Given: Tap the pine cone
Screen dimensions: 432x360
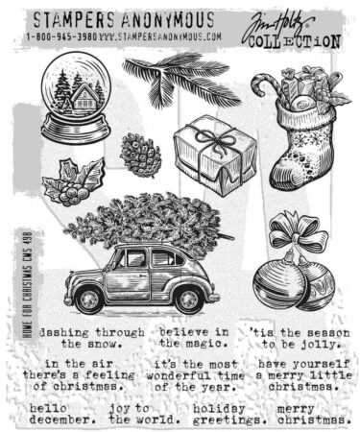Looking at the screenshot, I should (x=139, y=153).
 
